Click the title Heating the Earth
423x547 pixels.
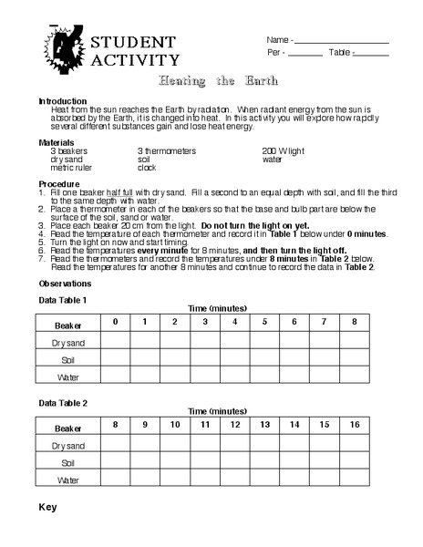pyautogui.click(x=211, y=82)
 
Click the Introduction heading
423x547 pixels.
pyautogui.click(x=63, y=100)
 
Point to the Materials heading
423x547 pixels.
pyautogui.click(x=57, y=142)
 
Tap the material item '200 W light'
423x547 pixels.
pyautogui.click(x=284, y=150)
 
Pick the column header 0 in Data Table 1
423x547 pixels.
pyautogui.click(x=115, y=322)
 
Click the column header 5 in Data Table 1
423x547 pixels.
pyautogui.click(x=264, y=322)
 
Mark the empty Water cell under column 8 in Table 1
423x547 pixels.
pyautogui.click(x=354, y=376)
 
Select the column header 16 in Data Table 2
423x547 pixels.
pyautogui.click(x=354, y=425)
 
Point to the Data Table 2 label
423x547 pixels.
pyautogui.click(x=63, y=402)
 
